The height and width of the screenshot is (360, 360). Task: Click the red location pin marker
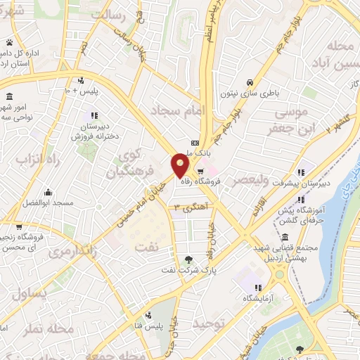[181, 165]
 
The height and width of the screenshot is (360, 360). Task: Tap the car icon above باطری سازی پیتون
[250, 80]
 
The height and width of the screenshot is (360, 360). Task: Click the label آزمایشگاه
[258, 298]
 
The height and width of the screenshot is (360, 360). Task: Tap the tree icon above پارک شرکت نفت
[186, 259]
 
